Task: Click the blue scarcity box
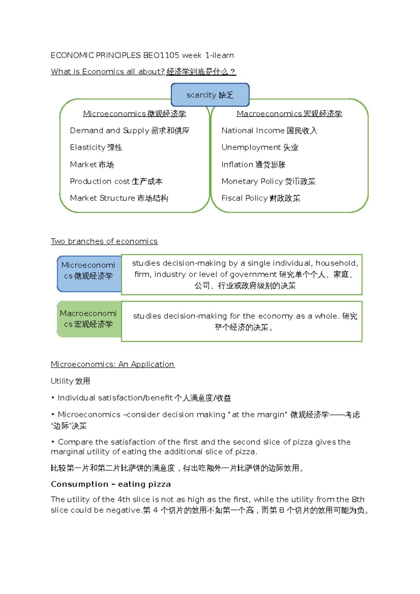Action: pyautogui.click(x=210, y=95)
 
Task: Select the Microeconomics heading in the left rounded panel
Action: pyautogui.click(x=134, y=114)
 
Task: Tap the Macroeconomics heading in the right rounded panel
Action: pyautogui.click(x=289, y=114)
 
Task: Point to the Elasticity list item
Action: pyautogui.click(x=96, y=147)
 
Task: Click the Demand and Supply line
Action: pyautogui.click(x=129, y=130)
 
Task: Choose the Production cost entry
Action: pyautogui.click(x=116, y=181)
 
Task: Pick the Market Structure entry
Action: pyautogui.click(x=119, y=198)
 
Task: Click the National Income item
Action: pyautogui.click(x=269, y=130)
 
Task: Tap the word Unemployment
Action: pyautogui.click(x=251, y=147)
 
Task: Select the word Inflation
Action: pyautogui.click(x=237, y=164)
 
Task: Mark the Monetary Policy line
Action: pyautogui.click(x=268, y=181)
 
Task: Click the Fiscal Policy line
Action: pyautogui.click(x=260, y=198)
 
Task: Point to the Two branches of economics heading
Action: pyautogui.click(x=104, y=241)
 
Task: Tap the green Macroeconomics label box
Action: pyautogui.click(x=89, y=319)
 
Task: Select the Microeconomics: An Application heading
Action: pyautogui.click(x=112, y=364)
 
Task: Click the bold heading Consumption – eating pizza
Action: pyautogui.click(x=111, y=484)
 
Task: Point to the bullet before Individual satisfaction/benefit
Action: pyautogui.click(x=53, y=398)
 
